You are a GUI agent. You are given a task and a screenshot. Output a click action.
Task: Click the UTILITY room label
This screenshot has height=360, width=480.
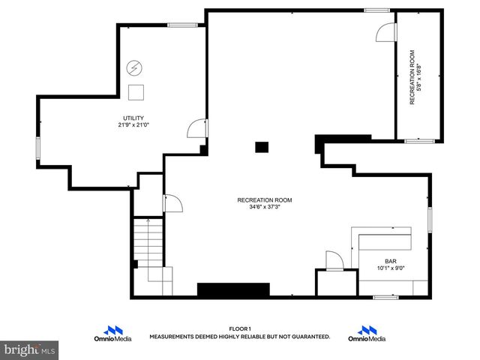pos(133,118)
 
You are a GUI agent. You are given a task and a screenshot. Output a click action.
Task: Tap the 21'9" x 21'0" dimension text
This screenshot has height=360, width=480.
pos(133,125)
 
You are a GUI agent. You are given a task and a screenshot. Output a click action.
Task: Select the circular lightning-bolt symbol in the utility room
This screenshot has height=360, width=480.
pos(134,68)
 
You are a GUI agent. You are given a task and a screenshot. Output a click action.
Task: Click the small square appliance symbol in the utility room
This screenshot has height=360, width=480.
pos(136,92)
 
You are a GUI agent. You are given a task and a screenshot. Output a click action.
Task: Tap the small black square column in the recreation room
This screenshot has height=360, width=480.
pos(261,147)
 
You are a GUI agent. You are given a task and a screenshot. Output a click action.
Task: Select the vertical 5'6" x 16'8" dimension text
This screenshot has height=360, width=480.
pos(418,77)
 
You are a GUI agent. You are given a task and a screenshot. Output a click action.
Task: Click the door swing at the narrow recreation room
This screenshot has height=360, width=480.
pos(385,32)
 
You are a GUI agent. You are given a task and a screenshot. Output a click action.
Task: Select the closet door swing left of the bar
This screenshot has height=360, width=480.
pos(334,260)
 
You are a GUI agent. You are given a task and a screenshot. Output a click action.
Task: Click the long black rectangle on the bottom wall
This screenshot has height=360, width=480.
pos(232,289)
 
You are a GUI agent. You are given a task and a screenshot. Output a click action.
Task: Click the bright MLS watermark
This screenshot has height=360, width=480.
pos(30,349)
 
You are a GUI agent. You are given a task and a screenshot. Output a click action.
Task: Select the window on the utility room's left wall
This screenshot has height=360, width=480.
pos(37,147)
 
